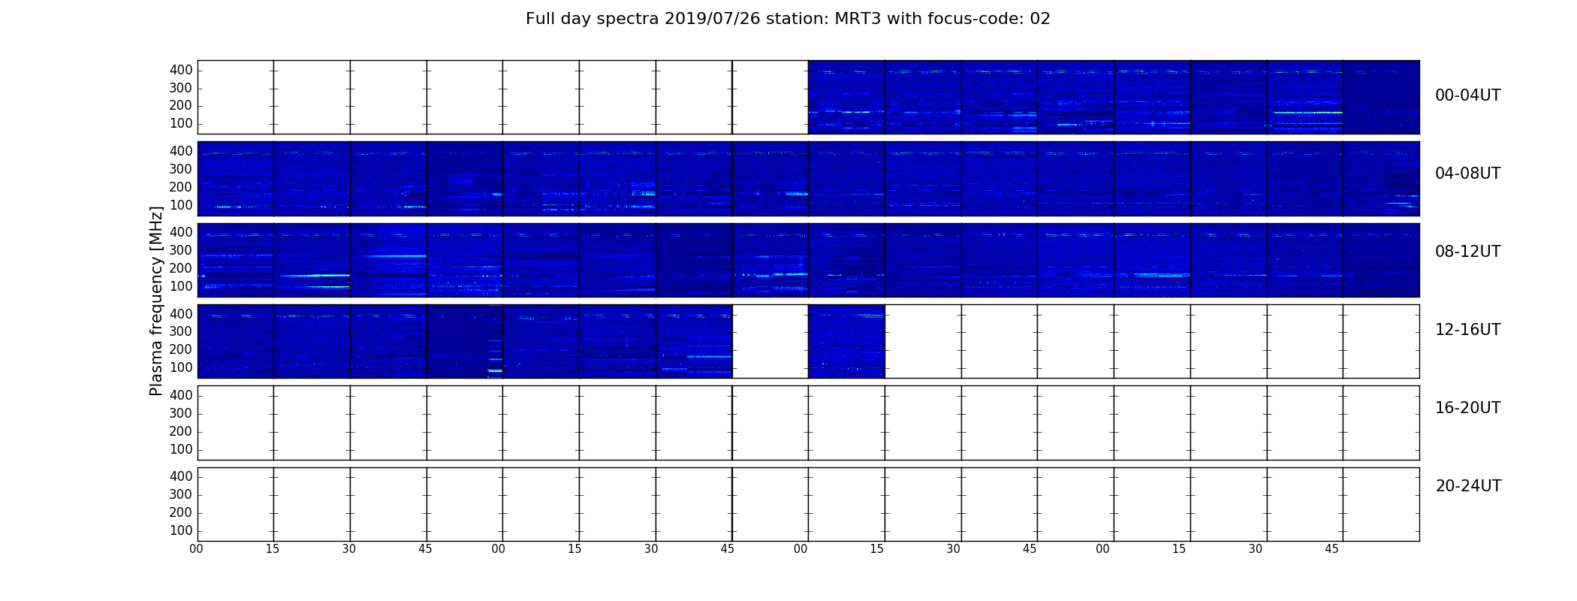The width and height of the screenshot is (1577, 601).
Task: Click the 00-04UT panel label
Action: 1467,95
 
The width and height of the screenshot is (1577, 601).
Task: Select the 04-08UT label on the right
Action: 1467,174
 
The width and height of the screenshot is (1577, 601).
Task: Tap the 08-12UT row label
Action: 1467,252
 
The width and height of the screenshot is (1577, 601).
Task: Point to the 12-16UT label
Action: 1467,330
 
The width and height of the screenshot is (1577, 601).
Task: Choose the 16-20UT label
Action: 1467,408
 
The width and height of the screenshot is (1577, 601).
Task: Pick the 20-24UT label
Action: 1468,486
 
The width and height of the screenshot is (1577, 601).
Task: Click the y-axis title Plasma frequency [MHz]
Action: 156,300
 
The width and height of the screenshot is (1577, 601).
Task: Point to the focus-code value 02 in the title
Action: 1040,19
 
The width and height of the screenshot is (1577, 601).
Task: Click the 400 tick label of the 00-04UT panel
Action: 181,70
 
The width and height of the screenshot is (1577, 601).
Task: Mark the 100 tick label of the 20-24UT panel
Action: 181,530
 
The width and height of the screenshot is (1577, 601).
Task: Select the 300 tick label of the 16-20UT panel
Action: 181,413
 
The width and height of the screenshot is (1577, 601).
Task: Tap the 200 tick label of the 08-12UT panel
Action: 181,268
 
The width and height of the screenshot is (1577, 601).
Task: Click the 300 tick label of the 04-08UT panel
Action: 181,169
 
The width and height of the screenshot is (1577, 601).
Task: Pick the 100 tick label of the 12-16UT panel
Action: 181,367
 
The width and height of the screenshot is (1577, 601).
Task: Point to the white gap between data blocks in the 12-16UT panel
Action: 770,341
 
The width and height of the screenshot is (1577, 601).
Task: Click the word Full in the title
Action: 540,19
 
